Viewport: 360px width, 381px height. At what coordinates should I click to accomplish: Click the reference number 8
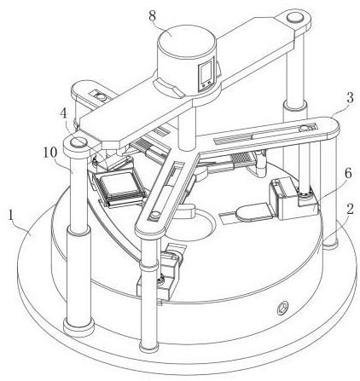[x=153, y=15]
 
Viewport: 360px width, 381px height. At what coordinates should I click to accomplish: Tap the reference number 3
[x=350, y=98]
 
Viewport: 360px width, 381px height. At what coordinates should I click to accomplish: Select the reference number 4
[x=64, y=114]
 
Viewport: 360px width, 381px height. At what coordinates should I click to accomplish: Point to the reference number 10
[x=50, y=153]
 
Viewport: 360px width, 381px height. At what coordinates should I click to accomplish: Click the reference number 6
[x=347, y=173]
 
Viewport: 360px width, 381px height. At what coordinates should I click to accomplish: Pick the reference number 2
[x=350, y=210]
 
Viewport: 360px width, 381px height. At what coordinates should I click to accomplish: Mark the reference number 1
[x=10, y=216]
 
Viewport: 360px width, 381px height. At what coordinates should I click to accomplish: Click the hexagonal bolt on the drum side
[x=283, y=308]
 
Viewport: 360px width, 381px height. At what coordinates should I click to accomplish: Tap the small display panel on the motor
[x=206, y=74]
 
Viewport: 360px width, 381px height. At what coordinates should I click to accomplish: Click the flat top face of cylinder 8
[x=187, y=40]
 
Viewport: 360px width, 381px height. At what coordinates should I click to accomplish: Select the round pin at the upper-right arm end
[x=295, y=18]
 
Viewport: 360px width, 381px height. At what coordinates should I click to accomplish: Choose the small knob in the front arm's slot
[x=154, y=215]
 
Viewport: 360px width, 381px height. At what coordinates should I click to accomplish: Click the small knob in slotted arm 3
[x=305, y=129]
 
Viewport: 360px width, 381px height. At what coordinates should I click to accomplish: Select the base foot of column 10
[x=78, y=326]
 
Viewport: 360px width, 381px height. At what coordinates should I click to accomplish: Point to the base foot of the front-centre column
[x=148, y=347]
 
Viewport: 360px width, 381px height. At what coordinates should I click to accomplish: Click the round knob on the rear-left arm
[x=101, y=96]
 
